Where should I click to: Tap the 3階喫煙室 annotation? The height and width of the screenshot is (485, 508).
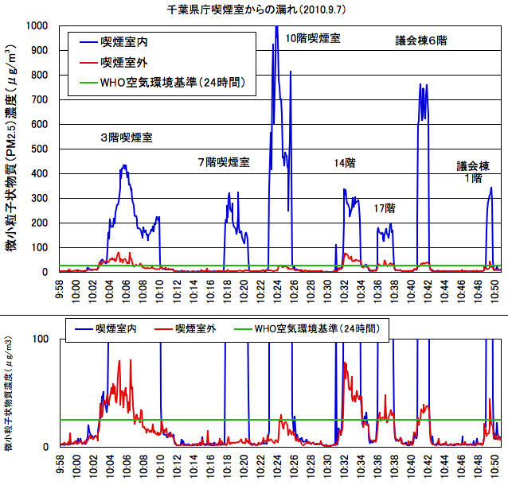point(126,138)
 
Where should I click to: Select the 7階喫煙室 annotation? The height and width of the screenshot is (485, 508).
point(224,162)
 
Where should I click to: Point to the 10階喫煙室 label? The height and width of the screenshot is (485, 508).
point(312,37)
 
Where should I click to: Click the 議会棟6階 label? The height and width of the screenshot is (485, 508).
point(421,40)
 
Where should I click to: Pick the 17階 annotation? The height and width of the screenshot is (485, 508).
point(385,208)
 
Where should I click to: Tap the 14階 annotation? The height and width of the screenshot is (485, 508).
point(345,162)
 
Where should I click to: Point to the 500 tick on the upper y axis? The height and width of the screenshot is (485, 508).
point(39,149)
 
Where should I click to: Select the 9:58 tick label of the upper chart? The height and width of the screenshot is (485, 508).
point(61,287)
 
